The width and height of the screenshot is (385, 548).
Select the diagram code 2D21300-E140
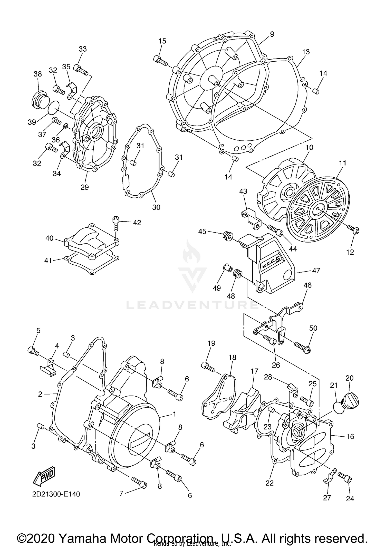tap(56, 494)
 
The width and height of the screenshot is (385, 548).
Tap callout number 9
tap(272, 34)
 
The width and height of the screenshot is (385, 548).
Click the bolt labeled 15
tap(160, 61)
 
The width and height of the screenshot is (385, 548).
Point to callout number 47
tap(316, 270)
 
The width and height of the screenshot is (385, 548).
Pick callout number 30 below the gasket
tap(156, 207)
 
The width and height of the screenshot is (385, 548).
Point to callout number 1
tap(174, 414)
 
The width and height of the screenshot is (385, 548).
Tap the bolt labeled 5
tap(33, 351)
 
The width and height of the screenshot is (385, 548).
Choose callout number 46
tap(307, 285)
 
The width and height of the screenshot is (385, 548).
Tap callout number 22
tap(269, 483)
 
